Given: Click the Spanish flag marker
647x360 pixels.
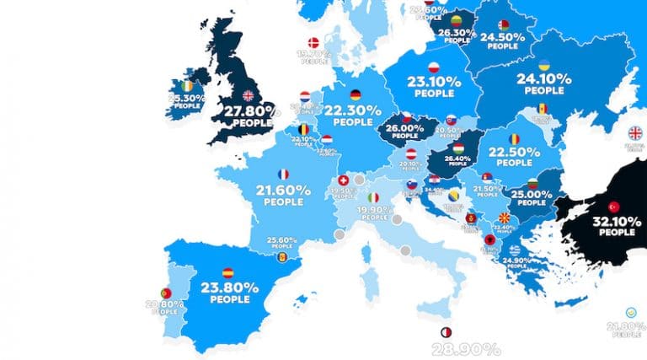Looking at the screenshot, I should point(227,273).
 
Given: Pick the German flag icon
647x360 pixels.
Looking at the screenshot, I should point(355,95).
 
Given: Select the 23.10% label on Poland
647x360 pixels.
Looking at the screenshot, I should point(430,83).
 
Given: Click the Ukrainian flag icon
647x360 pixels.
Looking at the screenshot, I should point(545,65).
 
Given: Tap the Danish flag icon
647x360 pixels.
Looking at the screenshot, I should point(315,43).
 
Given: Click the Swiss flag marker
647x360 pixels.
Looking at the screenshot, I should point(343,181).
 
